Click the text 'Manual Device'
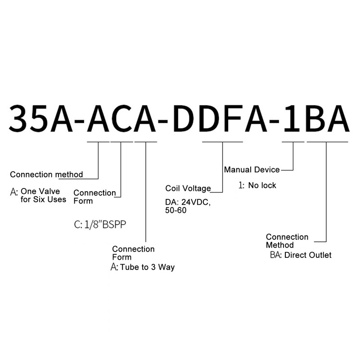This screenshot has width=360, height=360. click(x=252, y=170)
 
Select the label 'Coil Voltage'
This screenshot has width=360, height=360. click(x=188, y=188)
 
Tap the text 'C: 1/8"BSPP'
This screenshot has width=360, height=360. click(x=100, y=224)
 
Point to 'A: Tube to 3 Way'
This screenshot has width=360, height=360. click(x=143, y=267)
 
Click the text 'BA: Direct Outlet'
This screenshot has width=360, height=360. click(x=301, y=255)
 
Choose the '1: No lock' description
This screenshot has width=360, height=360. click(x=257, y=185)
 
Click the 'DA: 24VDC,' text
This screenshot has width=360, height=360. click(x=188, y=202)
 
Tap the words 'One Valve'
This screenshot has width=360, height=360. click(x=40, y=191)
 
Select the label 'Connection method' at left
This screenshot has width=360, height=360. click(x=46, y=175)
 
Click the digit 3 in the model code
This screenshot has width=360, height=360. click(x=19, y=118)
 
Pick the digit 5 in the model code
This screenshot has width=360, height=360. click(x=40, y=118)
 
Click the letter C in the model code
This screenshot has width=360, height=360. click(x=121, y=118)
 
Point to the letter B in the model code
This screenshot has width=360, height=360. click(x=314, y=118)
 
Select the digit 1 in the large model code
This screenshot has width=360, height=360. click(x=292, y=118)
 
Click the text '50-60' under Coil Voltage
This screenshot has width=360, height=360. click(x=175, y=210)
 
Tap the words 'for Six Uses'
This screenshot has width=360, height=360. click(x=43, y=199)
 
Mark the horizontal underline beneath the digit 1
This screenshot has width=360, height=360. click(x=293, y=142)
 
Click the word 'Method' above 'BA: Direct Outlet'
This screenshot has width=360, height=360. click(x=279, y=245)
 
